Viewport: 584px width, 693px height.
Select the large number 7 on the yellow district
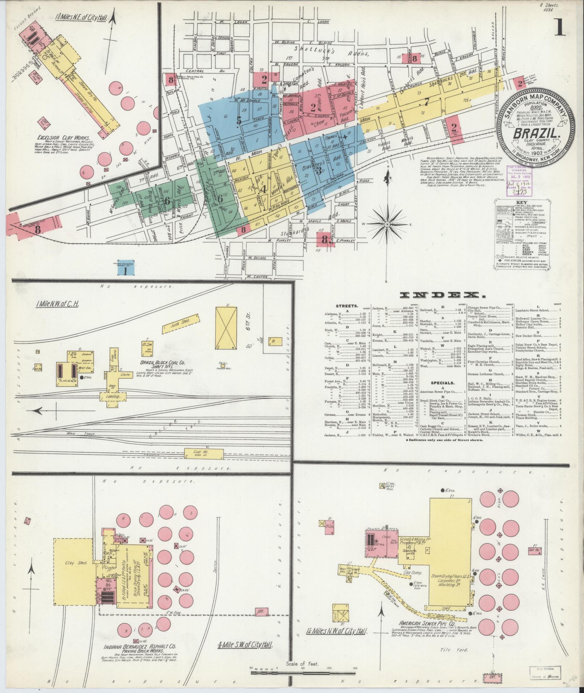point(427,102)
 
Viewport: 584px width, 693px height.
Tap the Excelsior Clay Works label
point(61,137)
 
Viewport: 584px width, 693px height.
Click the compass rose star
point(387,225)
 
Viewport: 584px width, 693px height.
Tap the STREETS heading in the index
point(348,305)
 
